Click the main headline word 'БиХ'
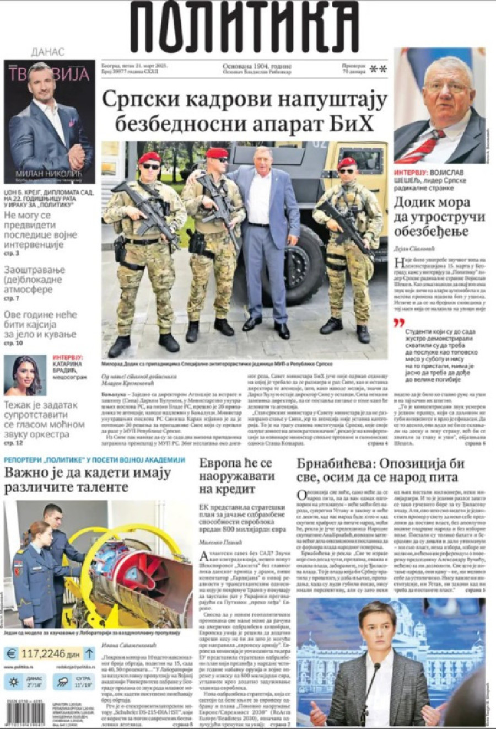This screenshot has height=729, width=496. tap(354, 124)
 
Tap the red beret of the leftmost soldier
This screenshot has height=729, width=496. tap(149, 158)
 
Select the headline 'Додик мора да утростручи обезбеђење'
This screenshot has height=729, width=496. tap(439, 217)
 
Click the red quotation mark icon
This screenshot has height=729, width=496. tap(399, 323)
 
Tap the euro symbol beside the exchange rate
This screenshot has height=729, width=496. tap(11, 654)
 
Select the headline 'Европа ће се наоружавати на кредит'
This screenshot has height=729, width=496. tap(235, 476)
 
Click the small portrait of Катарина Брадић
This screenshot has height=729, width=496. tap(25, 376)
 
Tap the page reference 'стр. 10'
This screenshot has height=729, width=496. tap(13, 343)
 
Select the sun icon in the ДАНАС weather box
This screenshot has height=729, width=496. tap(13, 682)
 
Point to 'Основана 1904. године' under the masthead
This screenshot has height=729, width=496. tap(257, 67)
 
